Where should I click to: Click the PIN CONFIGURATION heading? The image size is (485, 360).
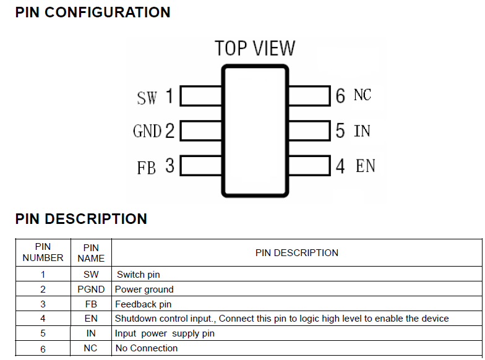(x=93, y=12)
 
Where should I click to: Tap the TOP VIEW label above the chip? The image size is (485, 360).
(x=255, y=48)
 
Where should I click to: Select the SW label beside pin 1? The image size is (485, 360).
(x=147, y=98)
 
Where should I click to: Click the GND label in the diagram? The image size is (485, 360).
(x=147, y=131)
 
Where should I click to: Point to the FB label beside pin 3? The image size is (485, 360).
(x=147, y=167)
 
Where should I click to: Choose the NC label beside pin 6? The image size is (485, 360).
(x=363, y=95)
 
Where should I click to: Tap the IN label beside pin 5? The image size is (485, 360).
(x=362, y=131)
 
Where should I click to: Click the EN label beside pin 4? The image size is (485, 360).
(x=365, y=166)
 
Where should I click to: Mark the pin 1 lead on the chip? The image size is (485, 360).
(x=201, y=96)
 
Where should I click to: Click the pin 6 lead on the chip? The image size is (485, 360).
(x=309, y=96)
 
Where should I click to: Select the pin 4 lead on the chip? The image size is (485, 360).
(x=309, y=166)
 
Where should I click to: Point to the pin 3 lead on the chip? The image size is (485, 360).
(x=201, y=166)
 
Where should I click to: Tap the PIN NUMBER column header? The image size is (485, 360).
(x=43, y=252)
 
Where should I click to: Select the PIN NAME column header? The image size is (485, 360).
(x=91, y=252)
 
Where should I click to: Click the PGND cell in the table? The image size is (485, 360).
(x=91, y=289)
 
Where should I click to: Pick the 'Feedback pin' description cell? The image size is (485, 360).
(x=143, y=304)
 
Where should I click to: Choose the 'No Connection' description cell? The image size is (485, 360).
(x=146, y=348)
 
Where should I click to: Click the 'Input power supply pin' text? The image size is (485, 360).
(x=164, y=333)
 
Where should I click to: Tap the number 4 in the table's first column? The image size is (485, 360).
(x=43, y=319)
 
